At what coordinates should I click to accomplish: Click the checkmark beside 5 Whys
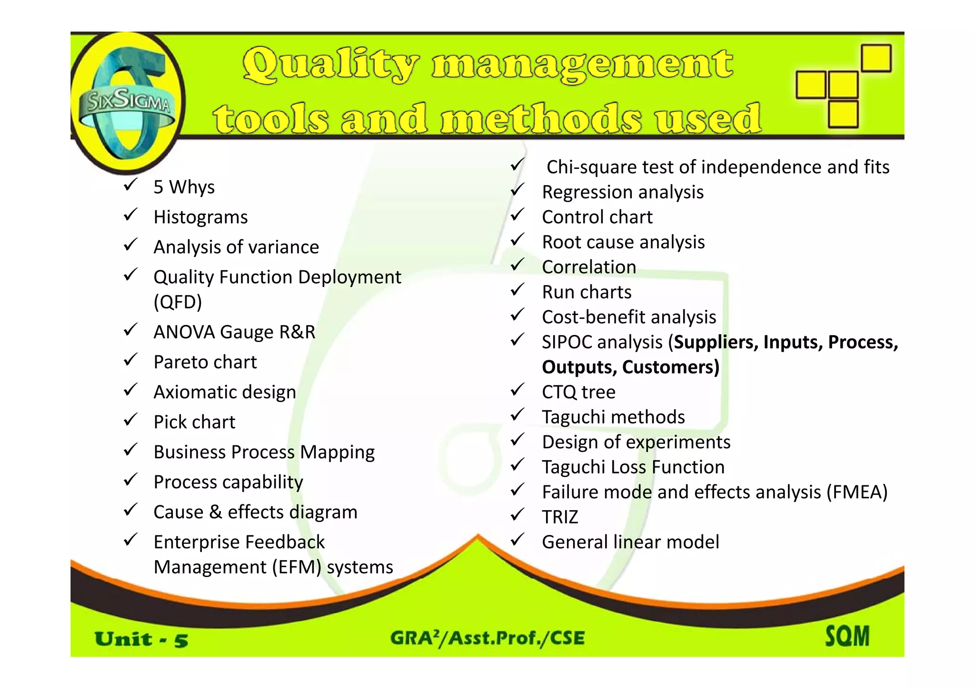130,185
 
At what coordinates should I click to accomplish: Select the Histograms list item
200,217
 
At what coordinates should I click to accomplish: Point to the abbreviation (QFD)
178,302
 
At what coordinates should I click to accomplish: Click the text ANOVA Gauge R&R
234,332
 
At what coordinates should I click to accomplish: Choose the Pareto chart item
205,362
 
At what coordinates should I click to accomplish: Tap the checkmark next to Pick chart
130,420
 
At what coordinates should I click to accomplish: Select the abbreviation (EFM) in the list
297,567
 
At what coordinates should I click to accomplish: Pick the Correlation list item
589,267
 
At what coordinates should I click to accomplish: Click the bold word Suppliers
716,342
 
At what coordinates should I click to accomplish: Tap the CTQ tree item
578,392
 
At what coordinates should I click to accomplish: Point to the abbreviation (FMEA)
857,492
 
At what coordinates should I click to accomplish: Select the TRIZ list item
560,517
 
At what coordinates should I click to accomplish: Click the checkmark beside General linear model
517,540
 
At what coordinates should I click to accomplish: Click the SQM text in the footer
847,636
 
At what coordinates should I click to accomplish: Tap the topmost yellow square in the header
876,58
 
